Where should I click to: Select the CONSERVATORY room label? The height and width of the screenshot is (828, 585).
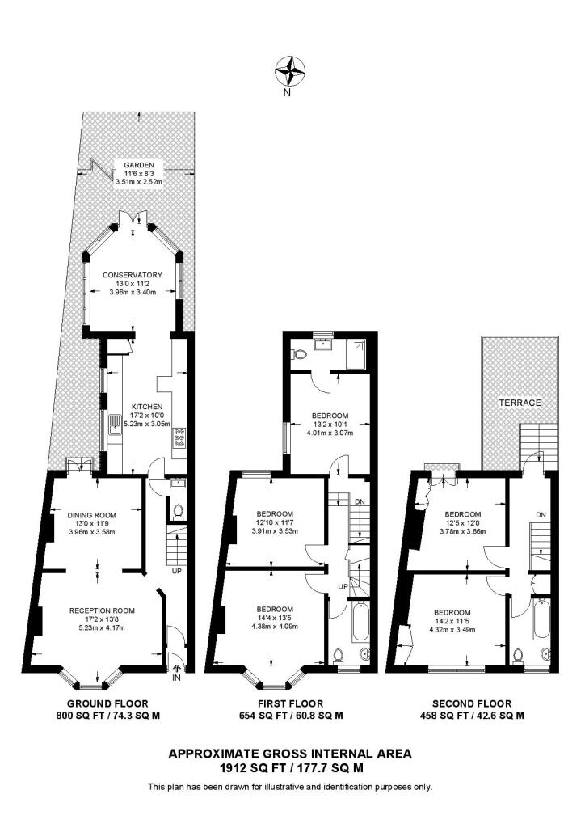coord(133,275)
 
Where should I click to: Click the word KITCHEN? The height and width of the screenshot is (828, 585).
coord(148,407)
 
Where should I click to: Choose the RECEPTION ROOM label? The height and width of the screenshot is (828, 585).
coord(102,610)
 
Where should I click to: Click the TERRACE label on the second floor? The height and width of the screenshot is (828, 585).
coord(519,402)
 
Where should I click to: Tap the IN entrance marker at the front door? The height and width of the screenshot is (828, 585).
coord(176,678)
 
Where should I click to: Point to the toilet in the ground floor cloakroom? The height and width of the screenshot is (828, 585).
coord(178,512)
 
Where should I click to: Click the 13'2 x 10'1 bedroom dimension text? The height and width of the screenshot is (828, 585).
coord(330,424)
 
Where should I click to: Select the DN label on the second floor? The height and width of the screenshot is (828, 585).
coord(541,515)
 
